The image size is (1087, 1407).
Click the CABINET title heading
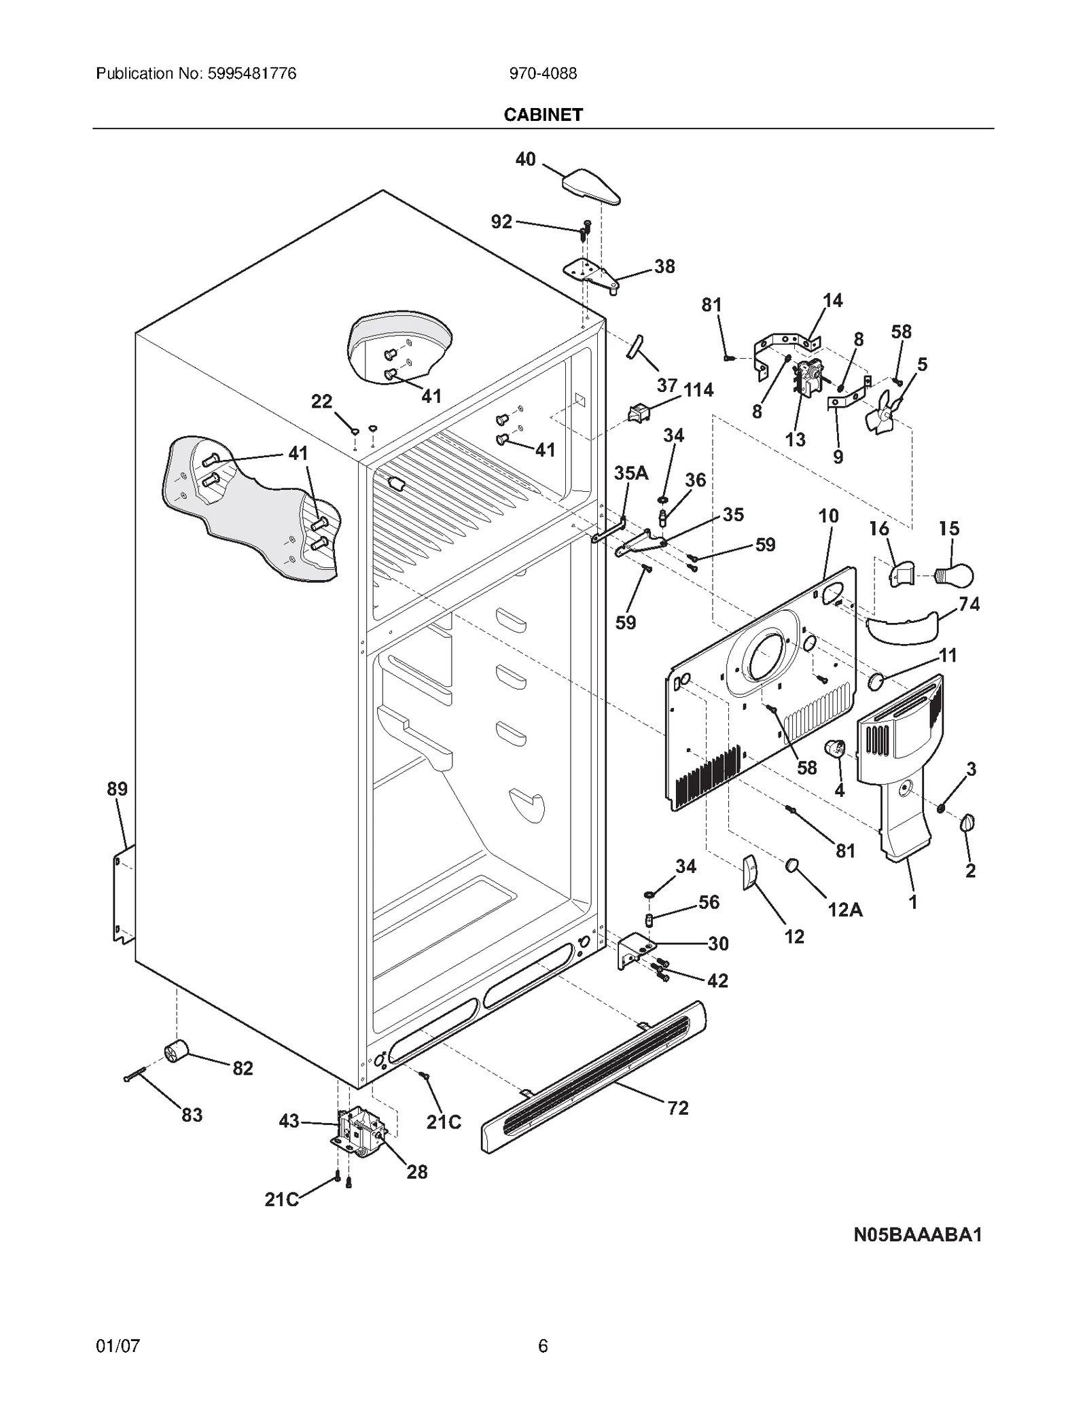(x=543, y=115)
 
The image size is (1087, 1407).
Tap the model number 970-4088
(x=543, y=73)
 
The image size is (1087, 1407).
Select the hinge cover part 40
(x=590, y=187)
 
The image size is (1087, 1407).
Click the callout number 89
(x=117, y=789)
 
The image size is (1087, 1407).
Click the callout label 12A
(x=844, y=909)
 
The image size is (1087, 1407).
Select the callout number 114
(x=698, y=390)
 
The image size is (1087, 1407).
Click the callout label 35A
(x=630, y=473)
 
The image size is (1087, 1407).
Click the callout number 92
(x=501, y=221)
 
